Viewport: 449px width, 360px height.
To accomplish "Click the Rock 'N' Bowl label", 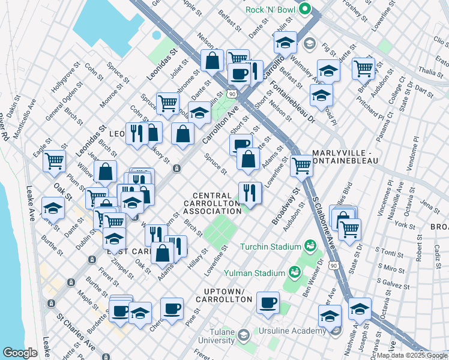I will click(272, 10).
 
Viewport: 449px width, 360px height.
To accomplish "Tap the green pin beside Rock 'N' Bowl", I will click(306, 9).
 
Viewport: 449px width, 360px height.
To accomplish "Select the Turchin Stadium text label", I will click(270, 247).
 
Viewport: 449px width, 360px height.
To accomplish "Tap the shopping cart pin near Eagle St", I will click(54, 161).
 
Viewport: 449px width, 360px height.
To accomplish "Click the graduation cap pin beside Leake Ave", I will click(53, 209).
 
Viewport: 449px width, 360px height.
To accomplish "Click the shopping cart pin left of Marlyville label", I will click(301, 165).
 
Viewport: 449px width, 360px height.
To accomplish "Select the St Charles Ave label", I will click(76, 335).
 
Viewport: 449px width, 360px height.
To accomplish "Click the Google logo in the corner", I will click(19, 353).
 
